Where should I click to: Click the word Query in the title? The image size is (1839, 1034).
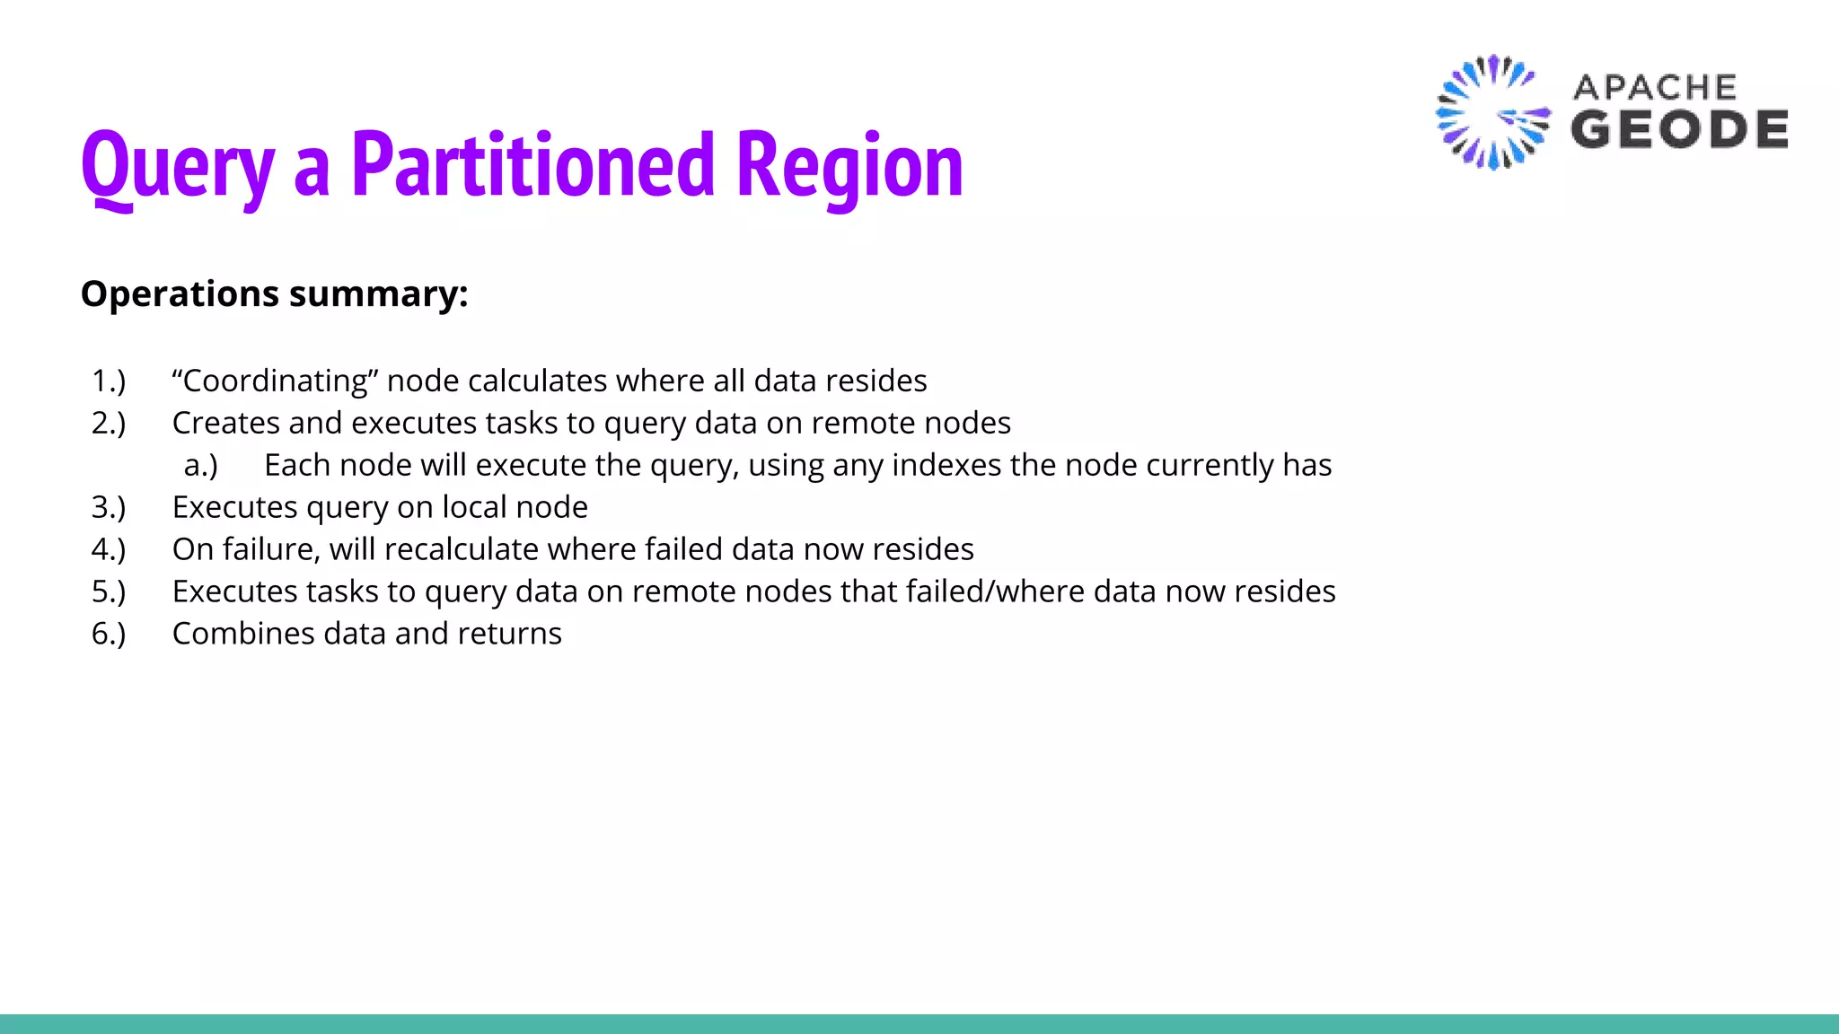[178, 166]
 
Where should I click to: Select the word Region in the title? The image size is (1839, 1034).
[849, 166]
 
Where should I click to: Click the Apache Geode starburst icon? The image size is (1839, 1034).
[1491, 113]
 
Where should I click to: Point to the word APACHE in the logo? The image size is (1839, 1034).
[1655, 87]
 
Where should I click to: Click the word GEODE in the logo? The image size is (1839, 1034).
[1679, 129]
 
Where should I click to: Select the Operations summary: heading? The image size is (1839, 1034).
[274, 294]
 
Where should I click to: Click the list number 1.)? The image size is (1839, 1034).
[109, 381]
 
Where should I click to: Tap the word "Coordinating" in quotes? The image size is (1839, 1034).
[274, 381]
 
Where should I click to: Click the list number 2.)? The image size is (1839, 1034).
[109, 423]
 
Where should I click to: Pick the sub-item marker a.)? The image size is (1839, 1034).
[201, 465]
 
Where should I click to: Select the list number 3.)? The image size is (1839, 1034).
[109, 507]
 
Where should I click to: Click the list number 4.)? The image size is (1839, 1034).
[109, 549]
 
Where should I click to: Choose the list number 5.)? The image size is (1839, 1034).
[109, 591]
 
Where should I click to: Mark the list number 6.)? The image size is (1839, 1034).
[109, 634]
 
